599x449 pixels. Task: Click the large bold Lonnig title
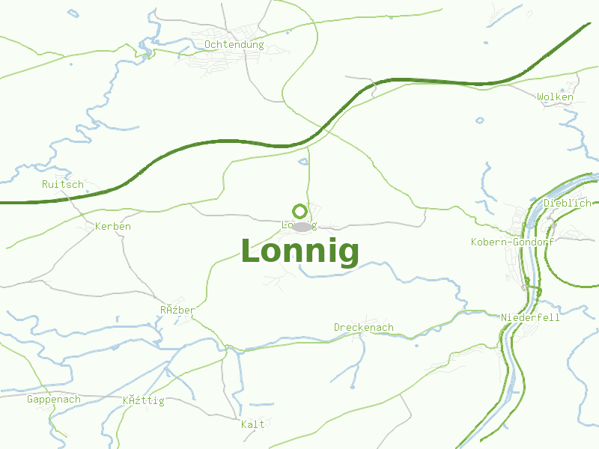point(299,251)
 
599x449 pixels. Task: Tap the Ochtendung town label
point(234,45)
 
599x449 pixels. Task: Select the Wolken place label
point(555,97)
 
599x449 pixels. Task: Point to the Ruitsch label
point(63,184)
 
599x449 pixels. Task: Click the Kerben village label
point(113,226)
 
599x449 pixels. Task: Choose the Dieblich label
point(567,203)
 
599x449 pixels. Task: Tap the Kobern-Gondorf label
point(512,242)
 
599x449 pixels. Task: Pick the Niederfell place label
point(530,317)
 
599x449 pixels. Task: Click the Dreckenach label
point(363,327)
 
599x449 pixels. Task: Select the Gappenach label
point(53,399)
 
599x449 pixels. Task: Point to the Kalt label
point(253,424)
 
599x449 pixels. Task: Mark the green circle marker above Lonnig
point(299,211)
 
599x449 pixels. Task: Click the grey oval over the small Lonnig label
point(302,227)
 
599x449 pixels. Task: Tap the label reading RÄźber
point(177,310)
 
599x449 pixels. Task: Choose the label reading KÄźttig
point(143,400)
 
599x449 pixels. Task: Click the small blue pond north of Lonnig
point(303,161)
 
